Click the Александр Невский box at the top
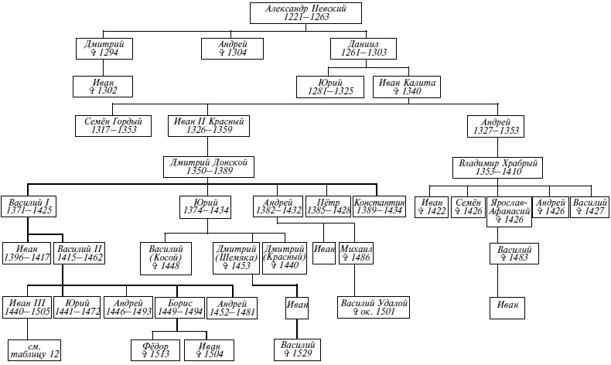(305, 13)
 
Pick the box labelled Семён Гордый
(113, 125)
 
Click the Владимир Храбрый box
(495, 166)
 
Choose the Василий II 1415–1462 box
(80, 253)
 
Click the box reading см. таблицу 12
(33, 350)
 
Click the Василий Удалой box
(374, 307)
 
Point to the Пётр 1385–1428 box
(327, 206)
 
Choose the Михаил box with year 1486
(356, 253)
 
